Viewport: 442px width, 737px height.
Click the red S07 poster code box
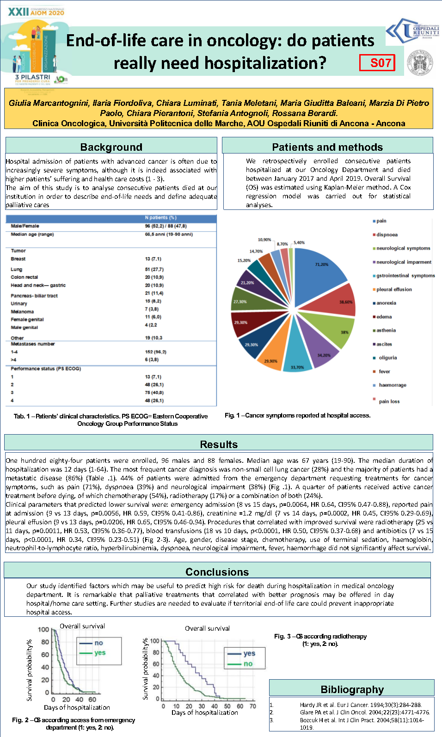pyautogui.click(x=377, y=62)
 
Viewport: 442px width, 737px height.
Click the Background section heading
pyautogui.click(x=111, y=147)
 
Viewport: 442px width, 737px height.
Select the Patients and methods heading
pyautogui.click(x=327, y=147)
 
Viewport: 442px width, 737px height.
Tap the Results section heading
pyautogui.click(x=219, y=444)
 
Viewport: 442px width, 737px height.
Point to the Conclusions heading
pyautogui.click(x=217, y=572)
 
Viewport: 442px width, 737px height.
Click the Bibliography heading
pyautogui.click(x=352, y=689)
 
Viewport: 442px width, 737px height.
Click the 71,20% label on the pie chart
pyautogui.click(x=322, y=264)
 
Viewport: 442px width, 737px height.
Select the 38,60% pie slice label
pyautogui.click(x=346, y=302)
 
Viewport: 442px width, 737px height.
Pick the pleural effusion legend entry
pyautogui.click(x=393, y=289)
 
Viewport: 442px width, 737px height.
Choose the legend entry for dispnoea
pyautogui.click(x=387, y=235)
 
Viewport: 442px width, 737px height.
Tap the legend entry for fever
pyautogui.click(x=384, y=371)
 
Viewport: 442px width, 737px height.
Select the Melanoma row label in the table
pyautogui.click(x=22, y=312)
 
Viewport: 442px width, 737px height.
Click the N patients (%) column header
pyautogui.click(x=160, y=218)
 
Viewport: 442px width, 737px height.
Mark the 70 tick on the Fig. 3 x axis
pyautogui.click(x=252, y=706)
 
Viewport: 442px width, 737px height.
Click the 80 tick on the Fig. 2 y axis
pyautogui.click(x=45, y=642)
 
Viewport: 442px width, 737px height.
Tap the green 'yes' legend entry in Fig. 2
pyautogui.click(x=99, y=653)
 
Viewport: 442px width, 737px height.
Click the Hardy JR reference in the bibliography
pyautogui.click(x=361, y=705)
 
